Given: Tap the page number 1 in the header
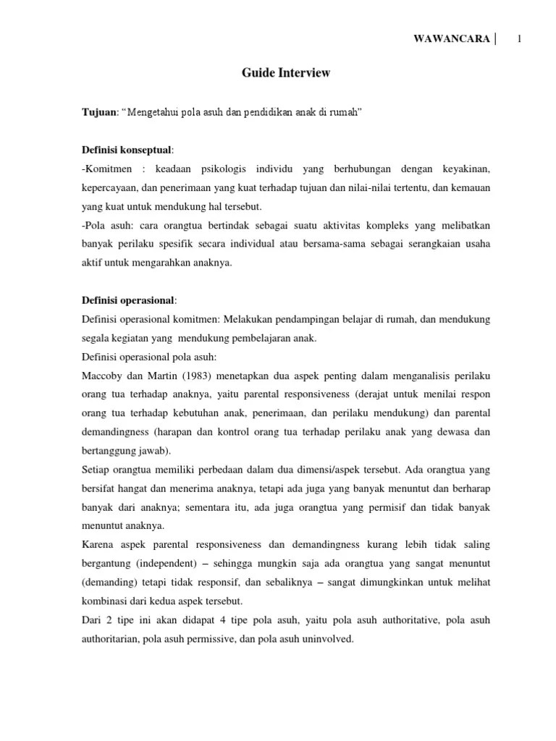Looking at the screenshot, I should [520, 38].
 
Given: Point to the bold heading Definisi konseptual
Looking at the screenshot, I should [126, 150].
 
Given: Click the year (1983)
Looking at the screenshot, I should [192, 374].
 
